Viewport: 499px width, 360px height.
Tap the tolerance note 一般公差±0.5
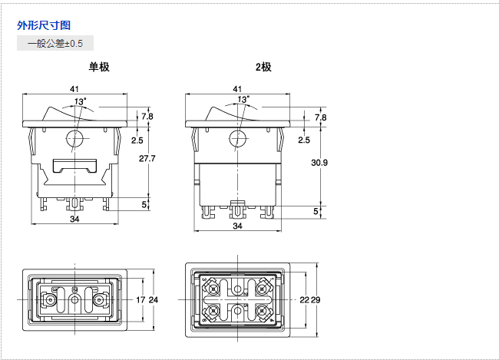pyautogui.click(x=55, y=43)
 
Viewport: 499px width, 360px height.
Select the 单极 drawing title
pyautogui.click(x=99, y=67)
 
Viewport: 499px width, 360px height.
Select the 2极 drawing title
pyautogui.click(x=263, y=67)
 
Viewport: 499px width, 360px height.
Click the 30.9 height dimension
pyautogui.click(x=320, y=163)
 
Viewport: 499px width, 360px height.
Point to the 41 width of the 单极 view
pyautogui.click(x=75, y=90)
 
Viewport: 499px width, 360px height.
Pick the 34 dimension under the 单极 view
pyautogui.click(x=74, y=220)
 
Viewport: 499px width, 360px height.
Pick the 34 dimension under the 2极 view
pyautogui.click(x=237, y=226)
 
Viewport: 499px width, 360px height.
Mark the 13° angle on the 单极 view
pyautogui.click(x=80, y=101)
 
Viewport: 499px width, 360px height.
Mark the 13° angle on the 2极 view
pyautogui.click(x=243, y=100)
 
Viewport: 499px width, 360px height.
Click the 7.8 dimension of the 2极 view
pyautogui.click(x=320, y=117)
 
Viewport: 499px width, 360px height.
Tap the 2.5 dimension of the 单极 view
pyautogui.click(x=137, y=140)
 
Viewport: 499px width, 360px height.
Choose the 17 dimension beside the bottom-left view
pyautogui.click(x=140, y=299)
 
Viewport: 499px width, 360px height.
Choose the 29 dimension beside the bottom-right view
pyautogui.click(x=315, y=299)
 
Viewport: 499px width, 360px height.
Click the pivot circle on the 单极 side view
pyautogui.click(x=74, y=139)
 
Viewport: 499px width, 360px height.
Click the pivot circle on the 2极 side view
pyautogui.click(x=237, y=139)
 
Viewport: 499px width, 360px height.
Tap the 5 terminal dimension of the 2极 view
pyautogui.click(x=315, y=210)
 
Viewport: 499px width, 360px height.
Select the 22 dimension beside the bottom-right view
pyautogui.click(x=304, y=299)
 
